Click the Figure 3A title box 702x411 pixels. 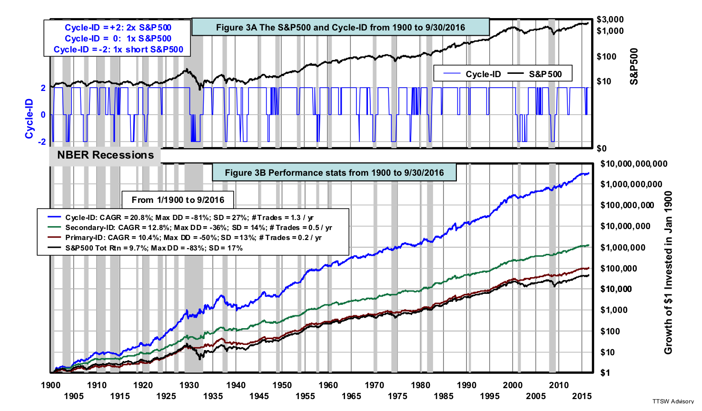341,27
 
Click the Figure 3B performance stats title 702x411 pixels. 334,172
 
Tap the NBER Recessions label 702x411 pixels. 105,155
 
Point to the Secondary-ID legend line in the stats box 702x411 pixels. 192,227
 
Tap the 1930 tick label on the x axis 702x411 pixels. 189,385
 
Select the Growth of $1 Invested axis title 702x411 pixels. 668,272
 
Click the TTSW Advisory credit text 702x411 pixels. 673,401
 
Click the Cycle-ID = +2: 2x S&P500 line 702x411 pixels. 118,28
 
